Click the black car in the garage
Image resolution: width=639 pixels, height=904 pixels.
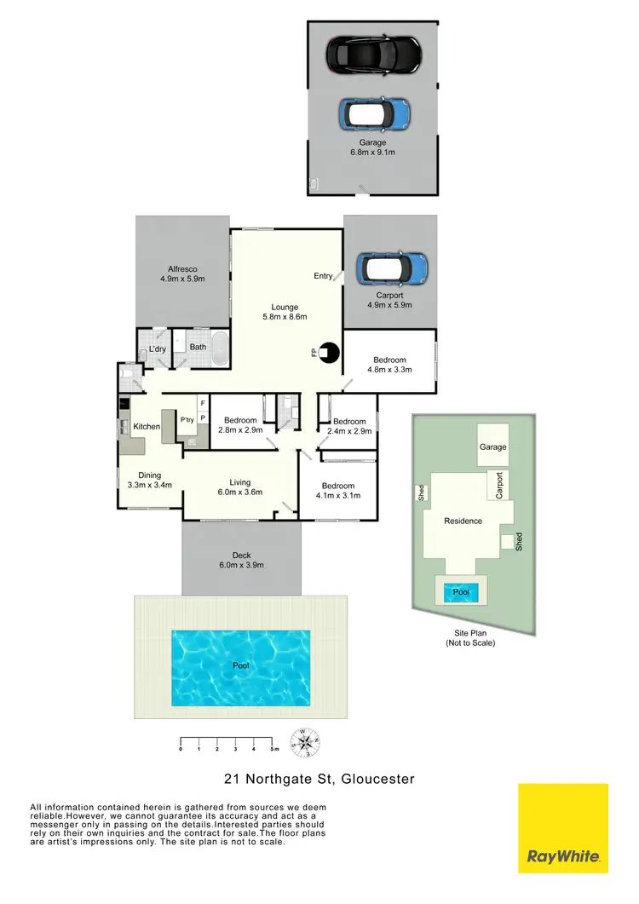pyautogui.click(x=374, y=55)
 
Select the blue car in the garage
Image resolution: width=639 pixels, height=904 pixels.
pyautogui.click(x=374, y=112)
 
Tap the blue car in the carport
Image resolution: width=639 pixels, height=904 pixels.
pyautogui.click(x=391, y=268)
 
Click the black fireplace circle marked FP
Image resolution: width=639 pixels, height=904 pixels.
pyautogui.click(x=328, y=352)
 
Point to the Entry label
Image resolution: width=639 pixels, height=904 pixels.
pyautogui.click(x=324, y=275)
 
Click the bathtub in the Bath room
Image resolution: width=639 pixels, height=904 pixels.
pyautogui.click(x=218, y=348)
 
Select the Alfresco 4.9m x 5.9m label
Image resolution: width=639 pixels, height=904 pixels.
pyautogui.click(x=182, y=274)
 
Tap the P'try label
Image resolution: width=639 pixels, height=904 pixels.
pyautogui.click(x=187, y=419)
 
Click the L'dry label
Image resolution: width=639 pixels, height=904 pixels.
pyautogui.click(x=157, y=350)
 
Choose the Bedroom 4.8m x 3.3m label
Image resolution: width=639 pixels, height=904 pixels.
pyautogui.click(x=389, y=365)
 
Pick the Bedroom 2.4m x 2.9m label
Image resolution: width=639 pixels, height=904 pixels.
pyautogui.click(x=349, y=427)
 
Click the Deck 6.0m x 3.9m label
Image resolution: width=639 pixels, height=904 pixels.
pyautogui.click(x=241, y=560)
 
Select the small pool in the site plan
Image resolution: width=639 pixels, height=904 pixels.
pyautogui.click(x=461, y=591)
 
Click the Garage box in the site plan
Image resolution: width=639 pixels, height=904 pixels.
pyautogui.click(x=492, y=446)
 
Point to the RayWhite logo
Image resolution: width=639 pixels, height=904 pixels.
pyautogui.click(x=563, y=828)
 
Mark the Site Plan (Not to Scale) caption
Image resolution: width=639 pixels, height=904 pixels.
pyautogui.click(x=469, y=638)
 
